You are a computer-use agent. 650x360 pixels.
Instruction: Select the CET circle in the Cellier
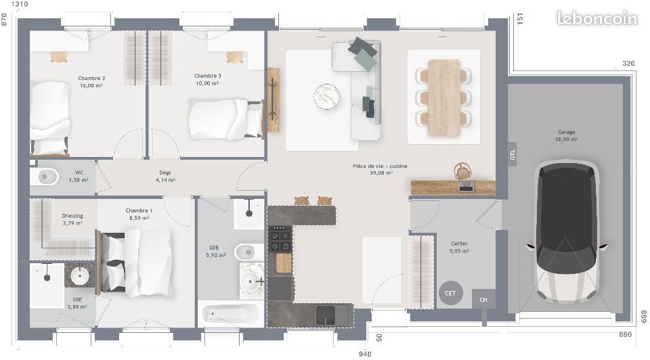click(450, 293)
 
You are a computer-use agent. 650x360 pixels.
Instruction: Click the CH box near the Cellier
click(483, 299)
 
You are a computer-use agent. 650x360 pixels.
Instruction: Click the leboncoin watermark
click(597, 19)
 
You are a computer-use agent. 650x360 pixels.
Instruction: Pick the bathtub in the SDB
click(230, 315)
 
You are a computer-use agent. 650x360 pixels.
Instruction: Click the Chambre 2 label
click(91, 78)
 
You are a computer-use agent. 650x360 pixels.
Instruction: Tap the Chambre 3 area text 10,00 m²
click(207, 84)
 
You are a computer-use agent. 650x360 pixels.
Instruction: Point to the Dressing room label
click(72, 217)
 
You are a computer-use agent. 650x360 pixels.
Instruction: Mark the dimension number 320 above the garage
click(628, 64)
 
